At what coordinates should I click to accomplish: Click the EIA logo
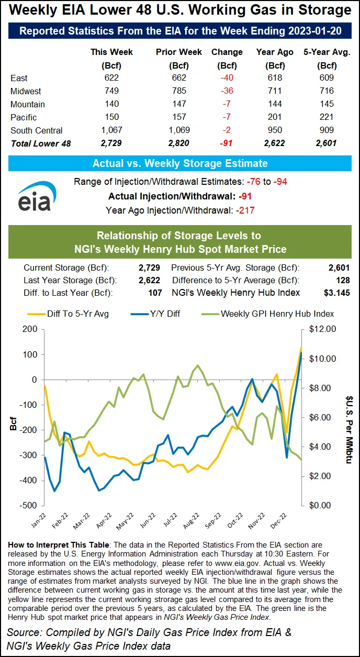point(34,196)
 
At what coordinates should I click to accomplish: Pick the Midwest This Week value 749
point(111,91)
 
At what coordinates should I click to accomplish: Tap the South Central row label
point(36,130)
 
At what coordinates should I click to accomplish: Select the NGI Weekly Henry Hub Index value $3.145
point(336,293)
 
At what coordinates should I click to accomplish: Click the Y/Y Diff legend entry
point(167,314)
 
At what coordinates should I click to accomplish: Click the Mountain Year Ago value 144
point(274,104)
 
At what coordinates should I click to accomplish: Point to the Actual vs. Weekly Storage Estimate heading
point(180,163)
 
